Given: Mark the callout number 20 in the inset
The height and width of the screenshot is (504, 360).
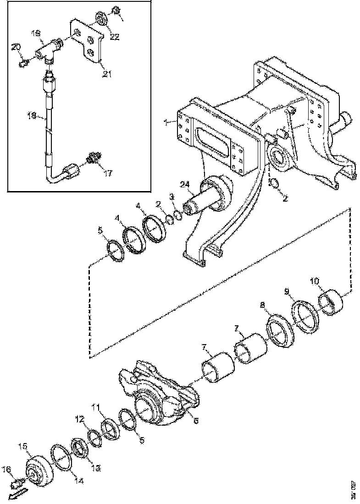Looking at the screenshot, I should click(16, 47).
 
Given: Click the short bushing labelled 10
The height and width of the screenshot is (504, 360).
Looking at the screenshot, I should click(328, 304).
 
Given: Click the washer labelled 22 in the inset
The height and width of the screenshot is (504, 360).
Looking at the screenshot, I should click(101, 20).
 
